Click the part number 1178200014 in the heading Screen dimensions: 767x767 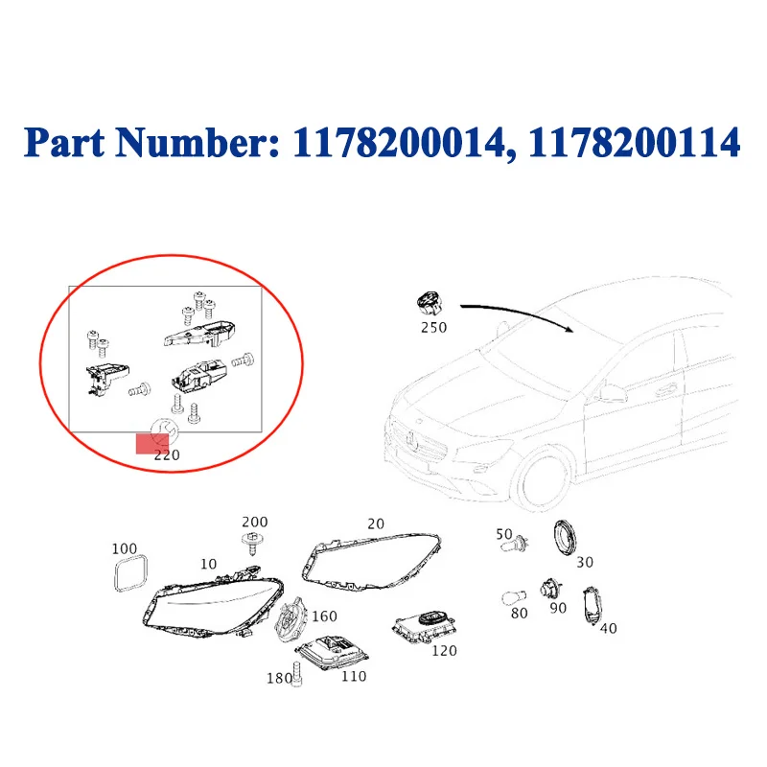(398, 143)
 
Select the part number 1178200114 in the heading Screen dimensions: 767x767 (634, 143)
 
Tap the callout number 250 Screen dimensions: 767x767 (434, 327)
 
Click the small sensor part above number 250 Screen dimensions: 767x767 (430, 303)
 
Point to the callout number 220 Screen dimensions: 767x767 (167, 455)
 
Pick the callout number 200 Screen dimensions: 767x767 (255, 522)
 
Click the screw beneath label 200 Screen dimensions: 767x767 (253, 543)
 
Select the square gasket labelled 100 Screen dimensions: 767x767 (130, 573)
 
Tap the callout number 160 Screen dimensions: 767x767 (324, 616)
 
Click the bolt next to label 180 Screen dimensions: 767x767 (296, 674)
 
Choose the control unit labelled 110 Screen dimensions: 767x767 (332, 654)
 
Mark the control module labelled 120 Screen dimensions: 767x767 (425, 627)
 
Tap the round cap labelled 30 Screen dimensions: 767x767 (565, 539)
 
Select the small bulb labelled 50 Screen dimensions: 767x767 (515, 544)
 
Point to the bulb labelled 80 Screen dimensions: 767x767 (514, 597)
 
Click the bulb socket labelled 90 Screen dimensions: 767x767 (550, 589)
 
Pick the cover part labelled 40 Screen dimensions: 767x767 (592, 607)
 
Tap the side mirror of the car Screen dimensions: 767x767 (613, 391)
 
